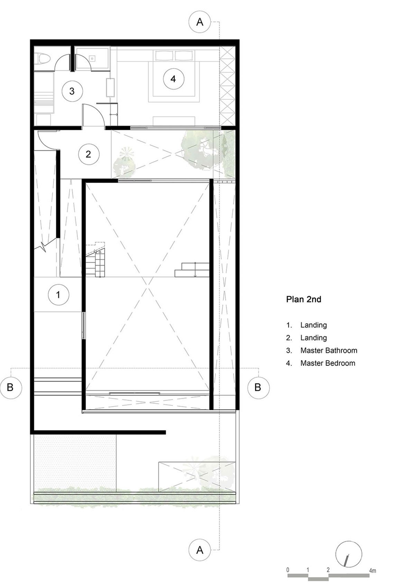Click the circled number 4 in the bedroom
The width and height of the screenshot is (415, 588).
tap(173, 79)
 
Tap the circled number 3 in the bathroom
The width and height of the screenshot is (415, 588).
tap(72, 91)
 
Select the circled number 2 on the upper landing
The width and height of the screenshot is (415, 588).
tap(88, 154)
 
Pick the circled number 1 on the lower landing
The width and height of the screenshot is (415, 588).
tap(58, 295)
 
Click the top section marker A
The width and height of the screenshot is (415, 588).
tap(200, 22)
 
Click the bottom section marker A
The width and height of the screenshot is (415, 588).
tap(200, 550)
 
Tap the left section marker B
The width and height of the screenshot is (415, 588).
tap(10, 387)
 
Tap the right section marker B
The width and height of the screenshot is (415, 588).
tap(258, 387)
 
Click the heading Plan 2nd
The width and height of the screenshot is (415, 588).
tap(304, 299)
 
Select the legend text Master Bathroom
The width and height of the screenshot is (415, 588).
tap(329, 351)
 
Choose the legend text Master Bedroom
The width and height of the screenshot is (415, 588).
tap(328, 363)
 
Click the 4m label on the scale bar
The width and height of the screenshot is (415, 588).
tap(372, 571)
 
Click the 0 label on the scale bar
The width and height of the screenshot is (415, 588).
tap(288, 570)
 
